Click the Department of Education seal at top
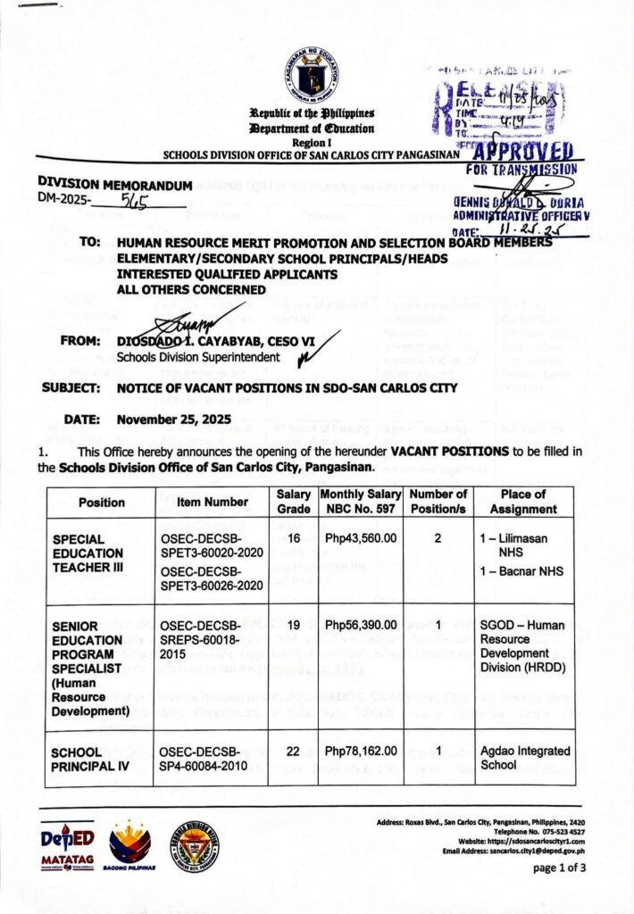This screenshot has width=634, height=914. point(313,74)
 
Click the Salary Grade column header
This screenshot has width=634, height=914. point(293,502)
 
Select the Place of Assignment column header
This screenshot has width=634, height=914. point(523,502)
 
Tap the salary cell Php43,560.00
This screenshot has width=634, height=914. point(361,540)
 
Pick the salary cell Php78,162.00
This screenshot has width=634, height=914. point(361,752)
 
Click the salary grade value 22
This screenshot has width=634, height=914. point(293,752)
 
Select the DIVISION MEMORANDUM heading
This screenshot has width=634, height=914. point(115,185)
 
